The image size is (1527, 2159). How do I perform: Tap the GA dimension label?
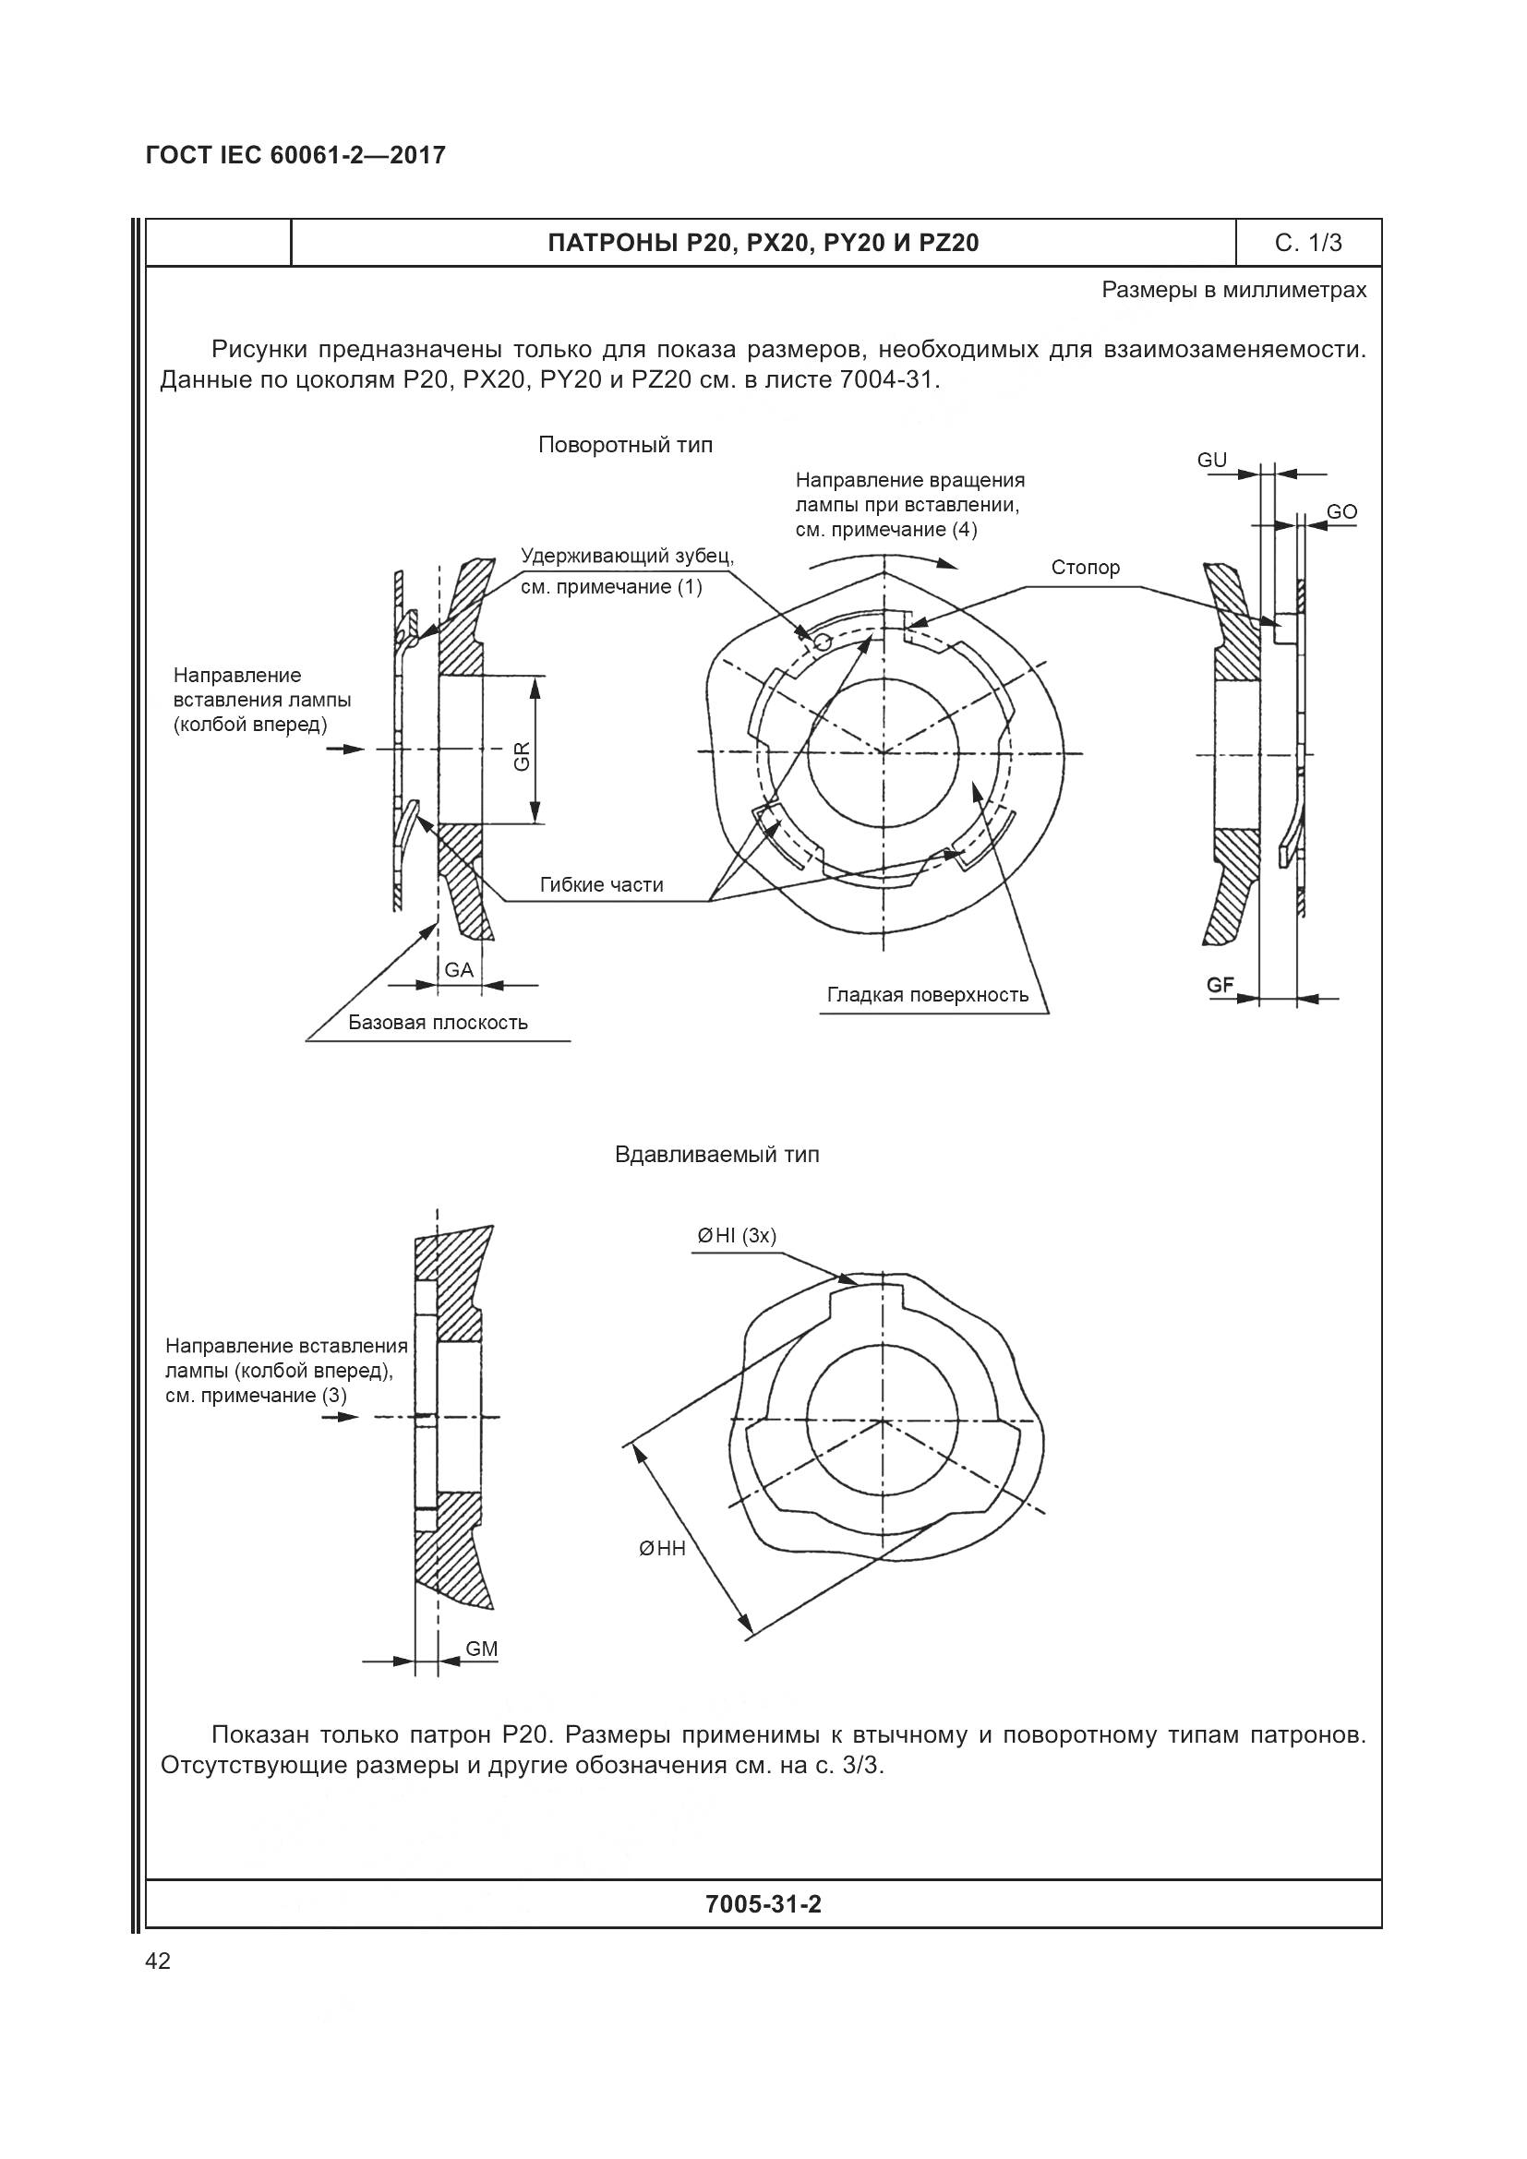pyautogui.click(x=459, y=969)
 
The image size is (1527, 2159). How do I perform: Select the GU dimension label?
pyautogui.click(x=1212, y=460)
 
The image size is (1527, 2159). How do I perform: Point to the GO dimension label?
pyautogui.click(x=1341, y=511)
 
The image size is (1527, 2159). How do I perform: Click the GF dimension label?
pyautogui.click(x=1220, y=985)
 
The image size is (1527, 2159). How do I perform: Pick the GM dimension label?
pyautogui.click(x=481, y=1649)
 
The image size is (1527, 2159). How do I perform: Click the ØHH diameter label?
pyautogui.click(x=662, y=1548)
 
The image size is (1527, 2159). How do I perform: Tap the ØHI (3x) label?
pyautogui.click(x=736, y=1236)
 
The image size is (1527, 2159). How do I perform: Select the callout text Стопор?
pyautogui.click(x=1085, y=568)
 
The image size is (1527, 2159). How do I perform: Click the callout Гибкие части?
pyautogui.click(x=601, y=885)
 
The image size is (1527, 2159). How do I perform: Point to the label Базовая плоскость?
pyautogui.click(x=439, y=1023)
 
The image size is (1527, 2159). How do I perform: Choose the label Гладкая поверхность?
pyautogui.click(x=927, y=995)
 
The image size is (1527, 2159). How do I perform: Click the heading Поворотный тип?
pyautogui.click(x=625, y=445)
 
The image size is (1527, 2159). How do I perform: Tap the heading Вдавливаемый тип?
pyautogui.click(x=716, y=1155)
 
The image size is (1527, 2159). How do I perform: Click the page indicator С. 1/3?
pyautogui.click(x=1308, y=244)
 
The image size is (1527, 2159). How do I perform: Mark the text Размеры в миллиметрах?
pyautogui.click(x=1233, y=291)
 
